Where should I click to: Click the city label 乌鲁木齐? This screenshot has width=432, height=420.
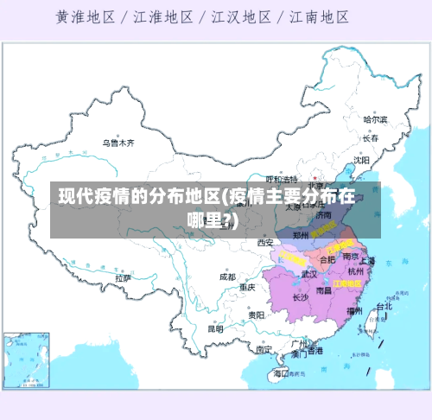click(119, 143)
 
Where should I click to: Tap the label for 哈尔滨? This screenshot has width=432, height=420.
click(375, 119)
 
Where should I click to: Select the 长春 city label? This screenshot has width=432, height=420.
click(371, 137)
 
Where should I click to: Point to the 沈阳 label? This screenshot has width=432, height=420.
click(361, 160)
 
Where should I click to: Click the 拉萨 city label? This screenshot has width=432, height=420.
click(124, 278)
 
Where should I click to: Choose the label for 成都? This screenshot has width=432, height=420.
click(226, 277)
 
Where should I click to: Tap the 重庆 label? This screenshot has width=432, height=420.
click(247, 287)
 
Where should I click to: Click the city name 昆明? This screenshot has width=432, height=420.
click(215, 328)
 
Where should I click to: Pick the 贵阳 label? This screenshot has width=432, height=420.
click(256, 315)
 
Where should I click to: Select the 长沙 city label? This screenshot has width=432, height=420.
click(300, 297)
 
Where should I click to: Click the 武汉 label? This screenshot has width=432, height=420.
click(308, 274)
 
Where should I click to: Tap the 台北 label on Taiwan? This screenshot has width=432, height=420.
click(383, 306)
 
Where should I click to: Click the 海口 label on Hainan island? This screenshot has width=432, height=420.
click(281, 374)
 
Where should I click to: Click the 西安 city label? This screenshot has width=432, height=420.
click(265, 243)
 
